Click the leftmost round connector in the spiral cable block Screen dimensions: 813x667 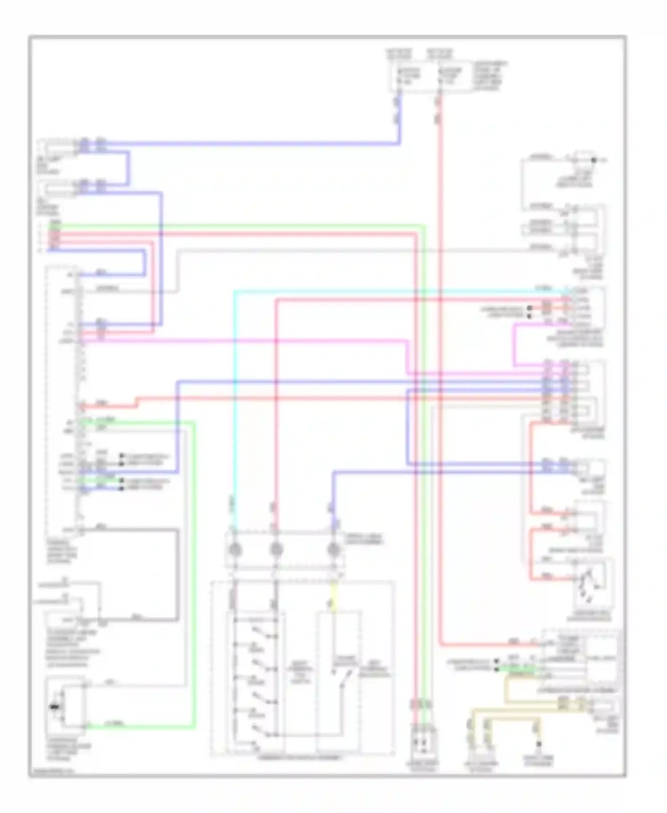235,550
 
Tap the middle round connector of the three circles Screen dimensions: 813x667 276,550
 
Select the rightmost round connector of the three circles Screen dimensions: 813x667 333,550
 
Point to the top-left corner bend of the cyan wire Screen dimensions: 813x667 235,292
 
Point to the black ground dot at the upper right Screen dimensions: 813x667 594,159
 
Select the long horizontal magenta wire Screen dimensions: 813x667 245,342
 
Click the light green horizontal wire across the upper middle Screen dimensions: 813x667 240,225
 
